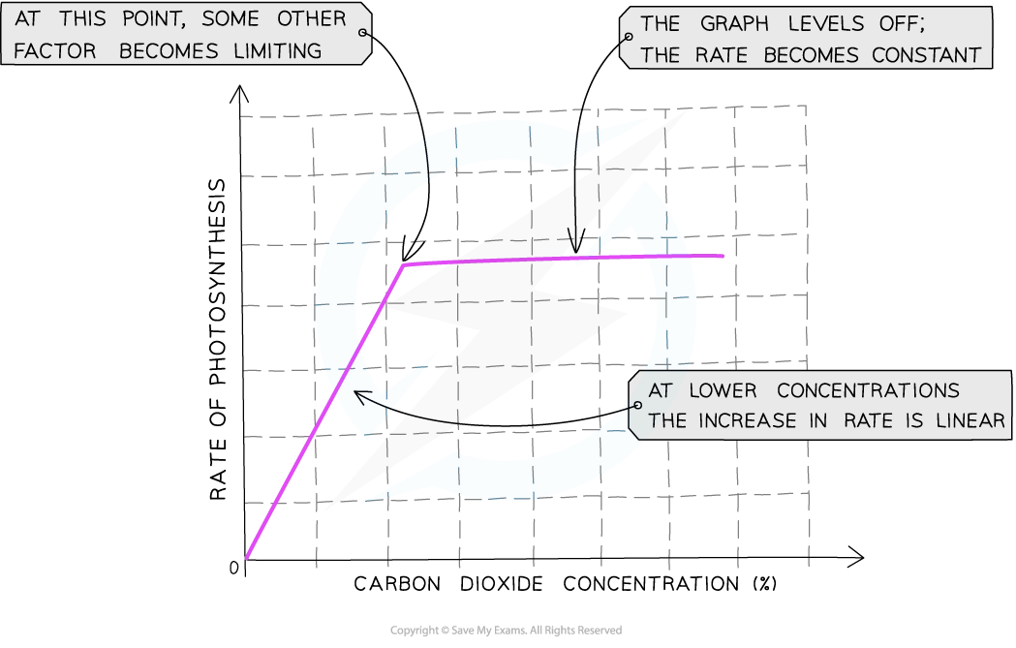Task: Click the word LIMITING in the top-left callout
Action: (x=277, y=50)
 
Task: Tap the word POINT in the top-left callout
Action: (x=154, y=19)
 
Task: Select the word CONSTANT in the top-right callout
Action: (x=927, y=55)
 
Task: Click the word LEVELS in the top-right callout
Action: (x=826, y=24)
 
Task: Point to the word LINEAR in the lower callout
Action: (x=970, y=420)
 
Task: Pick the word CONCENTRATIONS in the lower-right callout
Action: (x=868, y=390)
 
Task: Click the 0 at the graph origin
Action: (x=234, y=568)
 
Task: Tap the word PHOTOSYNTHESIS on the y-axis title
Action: (x=218, y=281)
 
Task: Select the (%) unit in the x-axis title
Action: (x=764, y=584)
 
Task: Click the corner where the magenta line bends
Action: (x=404, y=263)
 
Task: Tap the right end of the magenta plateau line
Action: (x=723, y=256)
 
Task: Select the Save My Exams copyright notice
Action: (x=506, y=631)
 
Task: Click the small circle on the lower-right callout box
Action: (x=637, y=405)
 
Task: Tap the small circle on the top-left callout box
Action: (x=363, y=32)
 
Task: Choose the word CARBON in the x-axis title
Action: (x=397, y=584)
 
